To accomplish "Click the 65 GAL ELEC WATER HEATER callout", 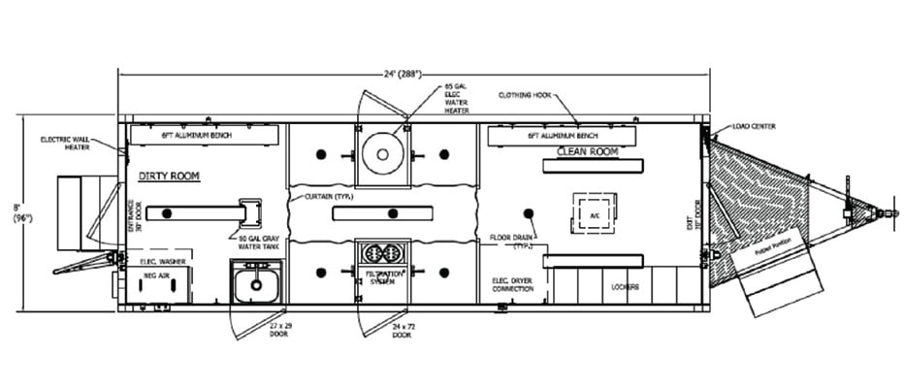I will (x=457, y=98).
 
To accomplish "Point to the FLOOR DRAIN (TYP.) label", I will (x=513, y=241).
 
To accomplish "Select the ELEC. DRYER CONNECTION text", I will (x=513, y=284).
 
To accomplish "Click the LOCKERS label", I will (x=625, y=287).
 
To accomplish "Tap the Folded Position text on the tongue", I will (x=782, y=250).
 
